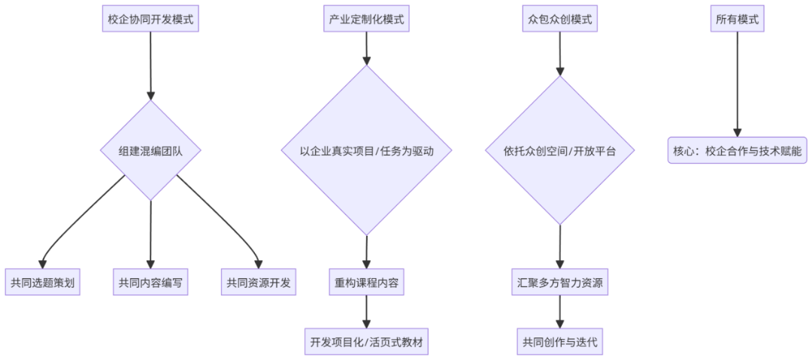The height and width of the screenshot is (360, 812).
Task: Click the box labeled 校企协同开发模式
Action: click(150, 20)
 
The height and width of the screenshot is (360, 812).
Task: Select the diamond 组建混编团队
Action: click(150, 150)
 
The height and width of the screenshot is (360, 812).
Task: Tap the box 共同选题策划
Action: click(43, 283)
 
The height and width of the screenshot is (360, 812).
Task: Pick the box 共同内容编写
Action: click(150, 283)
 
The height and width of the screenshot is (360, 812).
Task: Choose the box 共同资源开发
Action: click(258, 283)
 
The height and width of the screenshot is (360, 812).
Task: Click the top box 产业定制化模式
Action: click(366, 20)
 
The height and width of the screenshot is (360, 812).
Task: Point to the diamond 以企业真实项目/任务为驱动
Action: click(366, 150)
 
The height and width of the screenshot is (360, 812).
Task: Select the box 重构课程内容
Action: click(366, 283)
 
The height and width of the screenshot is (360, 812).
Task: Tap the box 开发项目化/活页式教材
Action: click(366, 342)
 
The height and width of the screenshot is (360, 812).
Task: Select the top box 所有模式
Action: click(737, 20)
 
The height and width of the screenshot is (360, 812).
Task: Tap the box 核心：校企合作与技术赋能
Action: click(737, 150)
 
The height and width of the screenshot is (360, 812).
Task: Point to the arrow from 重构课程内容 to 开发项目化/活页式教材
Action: click(366, 312)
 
